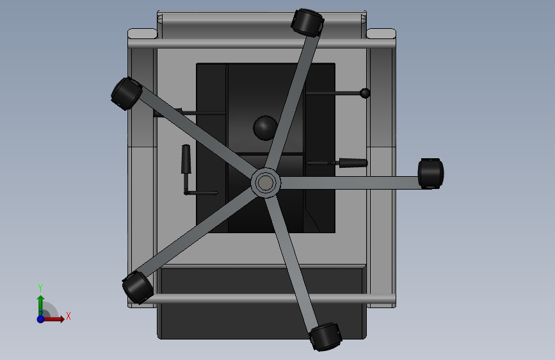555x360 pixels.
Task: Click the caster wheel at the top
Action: [307, 22]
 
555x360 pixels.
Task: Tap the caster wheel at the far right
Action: [431, 173]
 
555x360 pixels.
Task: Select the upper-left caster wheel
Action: [126, 94]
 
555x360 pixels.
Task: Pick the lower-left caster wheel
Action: [138, 288]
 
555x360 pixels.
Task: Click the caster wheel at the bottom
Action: [326, 336]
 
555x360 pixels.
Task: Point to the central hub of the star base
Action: [266, 183]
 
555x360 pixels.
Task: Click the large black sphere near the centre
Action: [266, 128]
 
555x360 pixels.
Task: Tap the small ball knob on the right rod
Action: [365, 93]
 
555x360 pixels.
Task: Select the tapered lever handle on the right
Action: [353, 163]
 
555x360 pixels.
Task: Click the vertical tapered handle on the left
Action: [186, 159]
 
